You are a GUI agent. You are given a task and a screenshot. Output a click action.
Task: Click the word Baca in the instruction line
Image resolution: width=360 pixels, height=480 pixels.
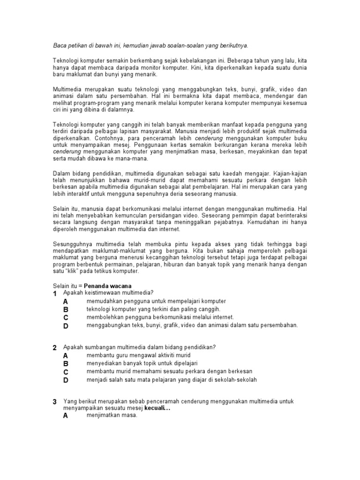[59, 45]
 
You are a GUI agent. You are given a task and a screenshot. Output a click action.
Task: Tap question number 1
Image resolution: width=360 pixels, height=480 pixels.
[55, 293]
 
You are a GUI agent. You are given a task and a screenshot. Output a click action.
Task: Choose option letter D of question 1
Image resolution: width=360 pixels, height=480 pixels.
[66, 326]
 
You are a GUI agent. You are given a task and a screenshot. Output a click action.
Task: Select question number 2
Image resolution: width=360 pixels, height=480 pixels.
[55, 347]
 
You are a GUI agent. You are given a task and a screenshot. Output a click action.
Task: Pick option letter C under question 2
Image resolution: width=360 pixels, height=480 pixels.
[66, 372]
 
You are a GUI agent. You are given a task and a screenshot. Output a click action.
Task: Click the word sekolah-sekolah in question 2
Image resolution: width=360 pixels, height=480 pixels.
[232, 380]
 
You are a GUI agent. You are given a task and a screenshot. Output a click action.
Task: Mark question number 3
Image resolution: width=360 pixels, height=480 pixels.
[55, 402]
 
